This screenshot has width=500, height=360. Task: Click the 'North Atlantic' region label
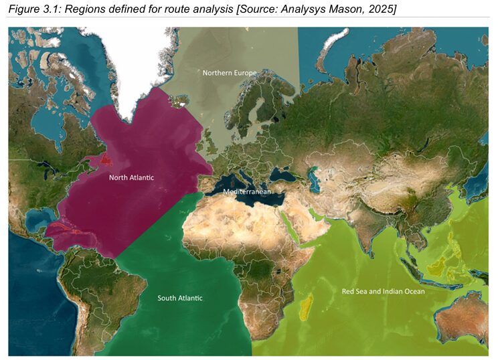click(x=131, y=177)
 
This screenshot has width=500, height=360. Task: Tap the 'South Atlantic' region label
click(x=179, y=298)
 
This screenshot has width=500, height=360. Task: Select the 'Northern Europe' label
click(x=230, y=72)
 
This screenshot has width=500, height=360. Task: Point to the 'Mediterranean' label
click(x=247, y=191)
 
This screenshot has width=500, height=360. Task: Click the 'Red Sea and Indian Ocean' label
click(x=383, y=291)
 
